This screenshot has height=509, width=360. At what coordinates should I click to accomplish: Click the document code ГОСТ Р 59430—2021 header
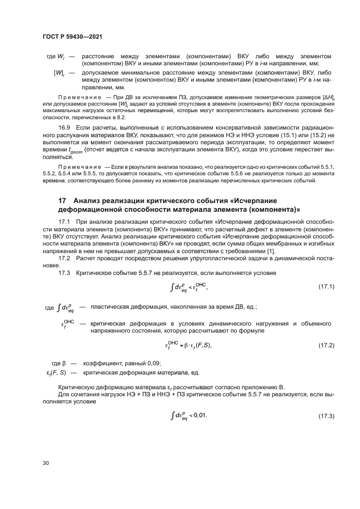(72, 36)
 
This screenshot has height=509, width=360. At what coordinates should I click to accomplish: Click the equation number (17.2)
(326, 345)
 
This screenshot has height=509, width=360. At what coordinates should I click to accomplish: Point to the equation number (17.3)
(326, 416)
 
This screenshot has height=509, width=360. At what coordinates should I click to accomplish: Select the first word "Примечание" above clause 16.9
(77, 98)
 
